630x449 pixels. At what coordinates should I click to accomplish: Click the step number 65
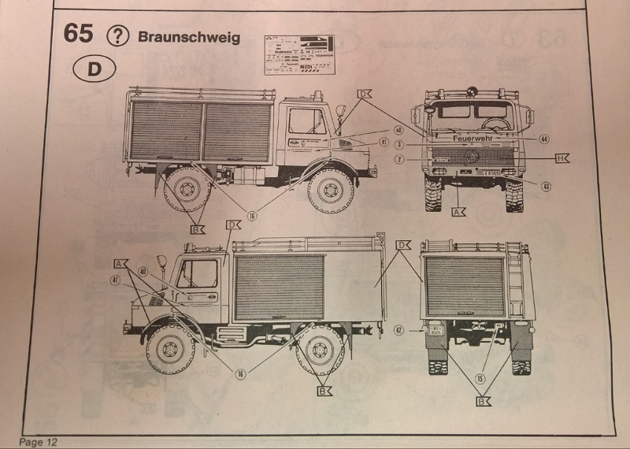tap(78, 34)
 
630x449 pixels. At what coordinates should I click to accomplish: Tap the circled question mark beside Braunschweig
tap(117, 35)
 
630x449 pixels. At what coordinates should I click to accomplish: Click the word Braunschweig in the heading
tap(188, 37)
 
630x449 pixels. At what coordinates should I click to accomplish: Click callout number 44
tap(543, 138)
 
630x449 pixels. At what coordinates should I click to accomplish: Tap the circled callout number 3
tap(399, 144)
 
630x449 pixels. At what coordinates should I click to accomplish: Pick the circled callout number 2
tap(399, 159)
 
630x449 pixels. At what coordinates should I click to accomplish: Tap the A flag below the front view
tap(458, 212)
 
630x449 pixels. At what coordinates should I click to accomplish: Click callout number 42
tap(398, 330)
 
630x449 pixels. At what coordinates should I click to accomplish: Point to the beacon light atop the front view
tap(472, 91)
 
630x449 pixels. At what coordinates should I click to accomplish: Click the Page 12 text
tap(38, 442)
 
